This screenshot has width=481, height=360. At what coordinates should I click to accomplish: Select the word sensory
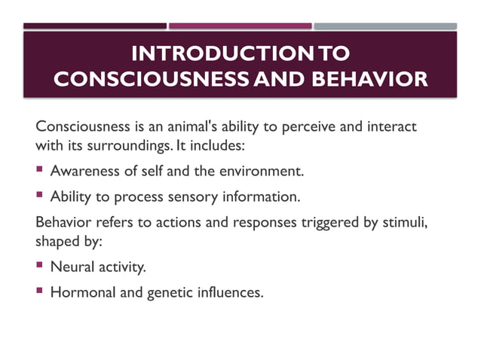tap(207, 198)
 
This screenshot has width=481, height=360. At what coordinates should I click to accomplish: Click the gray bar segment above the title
tap(384, 26)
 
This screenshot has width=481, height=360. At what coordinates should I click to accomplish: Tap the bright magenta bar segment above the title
tap(240, 26)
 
